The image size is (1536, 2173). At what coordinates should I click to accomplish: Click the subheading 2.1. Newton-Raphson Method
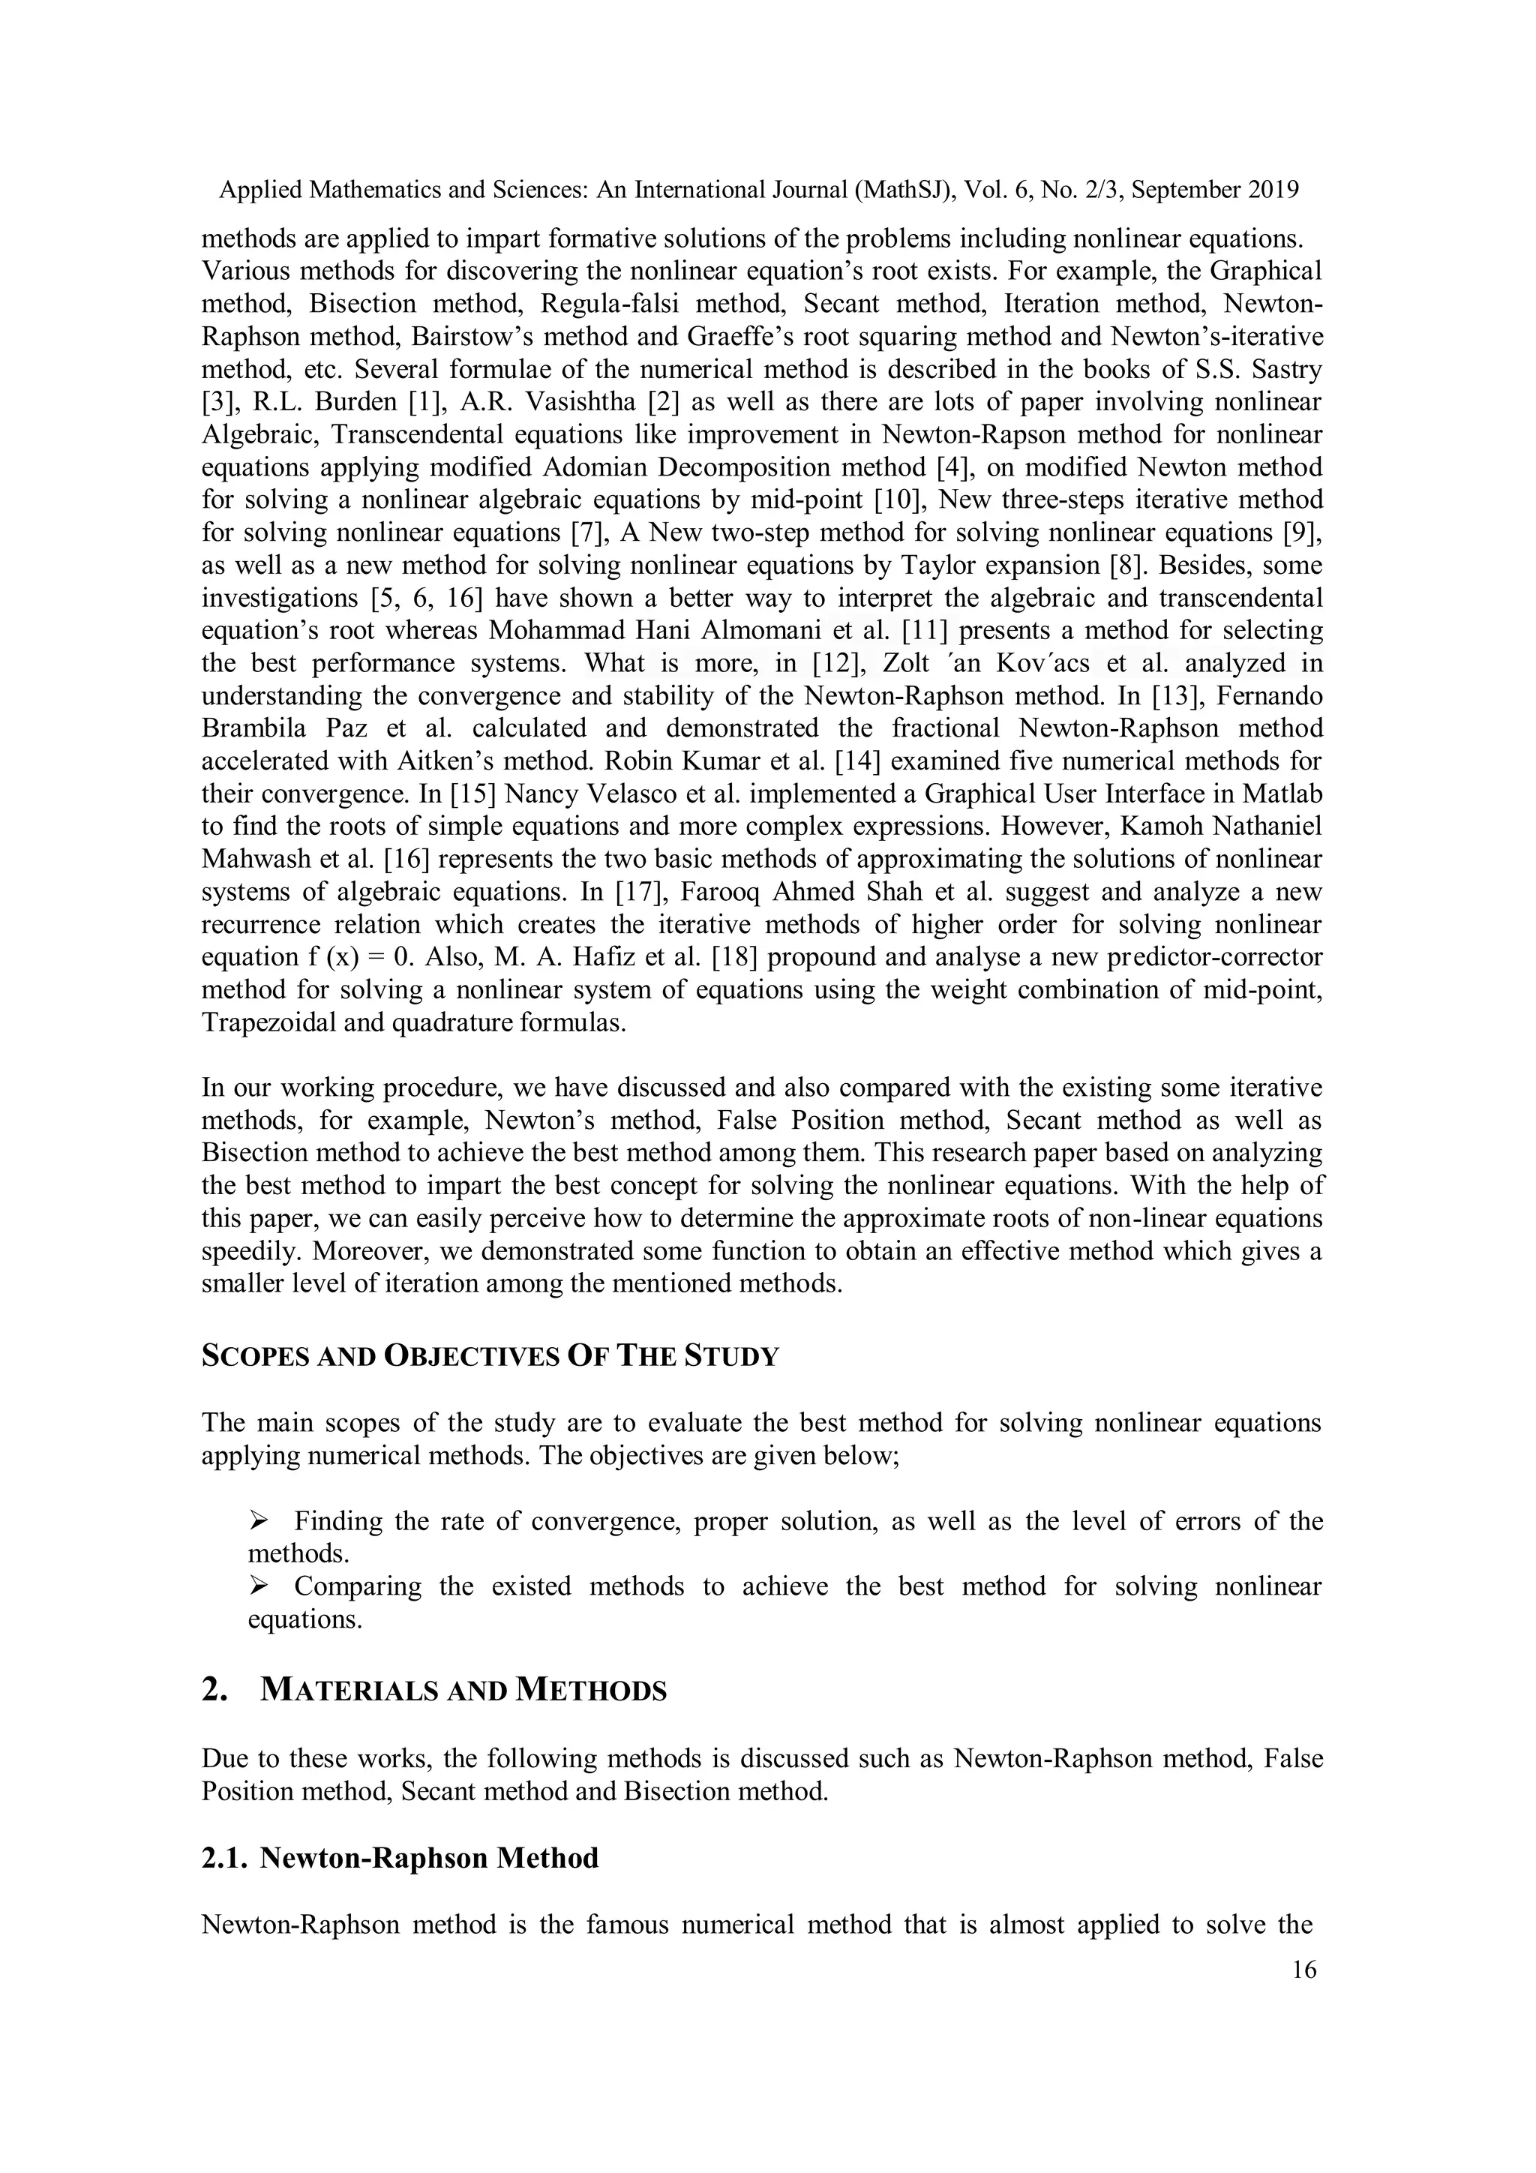(x=400, y=1858)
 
